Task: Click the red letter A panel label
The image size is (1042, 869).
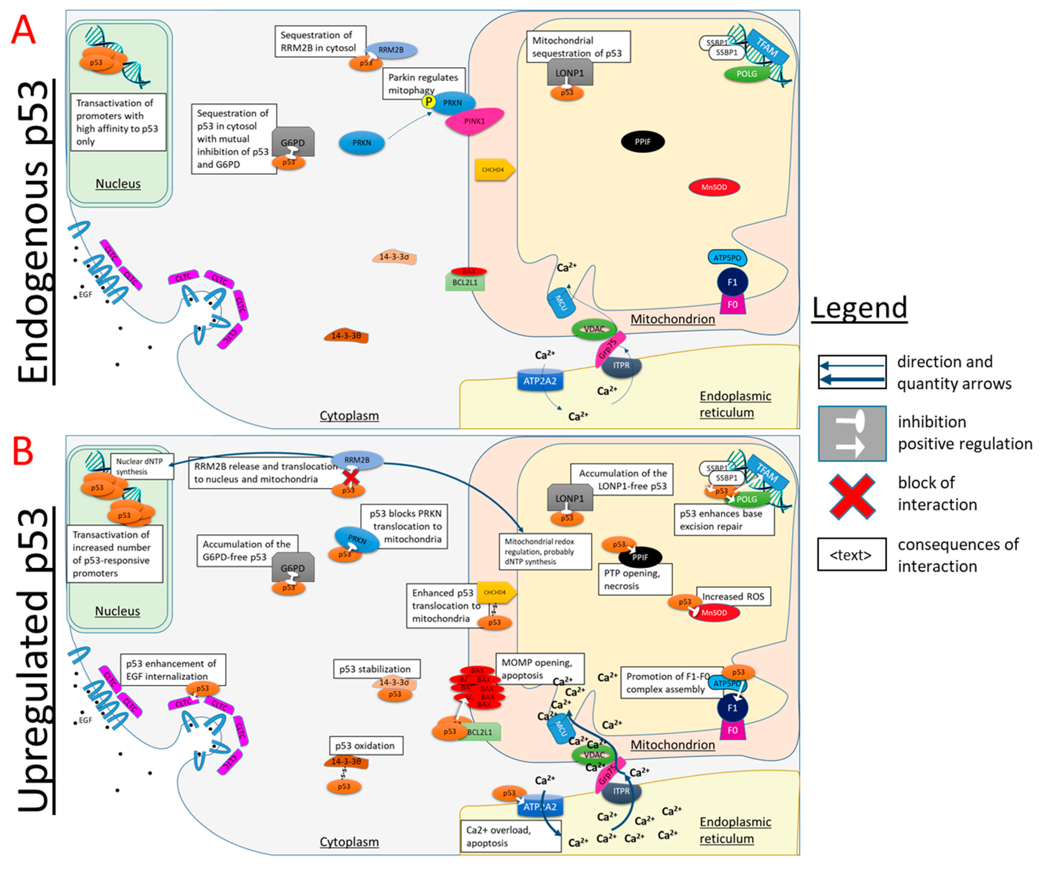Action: pos(23,30)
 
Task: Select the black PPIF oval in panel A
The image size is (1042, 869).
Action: pos(643,142)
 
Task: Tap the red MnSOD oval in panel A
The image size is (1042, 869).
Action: pos(714,187)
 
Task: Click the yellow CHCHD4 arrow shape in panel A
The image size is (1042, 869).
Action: pos(494,170)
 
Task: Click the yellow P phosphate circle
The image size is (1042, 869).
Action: pos(428,102)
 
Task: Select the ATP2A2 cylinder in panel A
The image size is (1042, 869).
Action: pos(540,380)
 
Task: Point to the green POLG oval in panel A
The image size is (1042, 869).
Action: pos(746,74)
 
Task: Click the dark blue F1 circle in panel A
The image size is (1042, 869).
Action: pos(732,282)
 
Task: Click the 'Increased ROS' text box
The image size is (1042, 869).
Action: pos(733,596)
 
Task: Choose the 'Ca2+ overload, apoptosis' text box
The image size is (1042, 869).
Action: pos(510,836)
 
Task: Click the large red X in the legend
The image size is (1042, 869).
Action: pos(852,496)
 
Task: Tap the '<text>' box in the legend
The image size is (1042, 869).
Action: pos(851,555)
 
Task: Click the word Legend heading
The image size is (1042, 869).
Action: pos(859,308)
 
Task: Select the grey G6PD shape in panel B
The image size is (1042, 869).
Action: pos(293,567)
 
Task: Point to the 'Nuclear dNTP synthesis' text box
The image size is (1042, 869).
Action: pos(141,466)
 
